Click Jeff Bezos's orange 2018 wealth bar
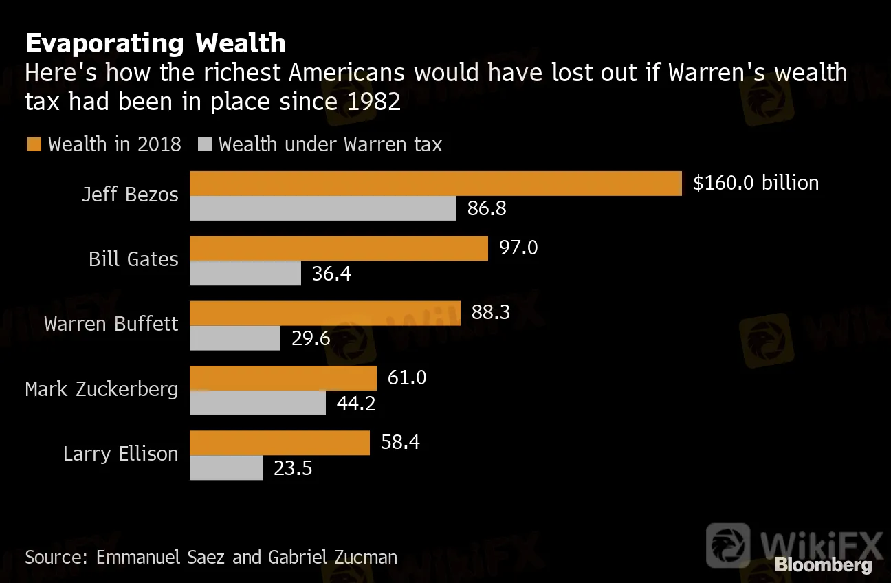coord(435,184)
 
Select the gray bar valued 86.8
coord(322,208)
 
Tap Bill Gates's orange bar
coord(338,248)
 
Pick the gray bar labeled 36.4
coord(245,274)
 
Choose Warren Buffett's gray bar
coord(234,338)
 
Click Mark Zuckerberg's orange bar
coord(283,378)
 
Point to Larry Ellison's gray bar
coord(225,468)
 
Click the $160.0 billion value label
coord(756,183)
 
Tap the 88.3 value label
coord(490,313)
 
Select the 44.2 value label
coord(355,404)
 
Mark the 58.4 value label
coord(400,442)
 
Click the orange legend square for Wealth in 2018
coord(34,144)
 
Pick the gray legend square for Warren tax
coord(205,144)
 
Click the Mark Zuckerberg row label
coord(101,389)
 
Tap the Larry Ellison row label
coord(120,454)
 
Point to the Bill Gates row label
coord(133,259)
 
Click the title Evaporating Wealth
coord(155,43)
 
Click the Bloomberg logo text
coord(823,565)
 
